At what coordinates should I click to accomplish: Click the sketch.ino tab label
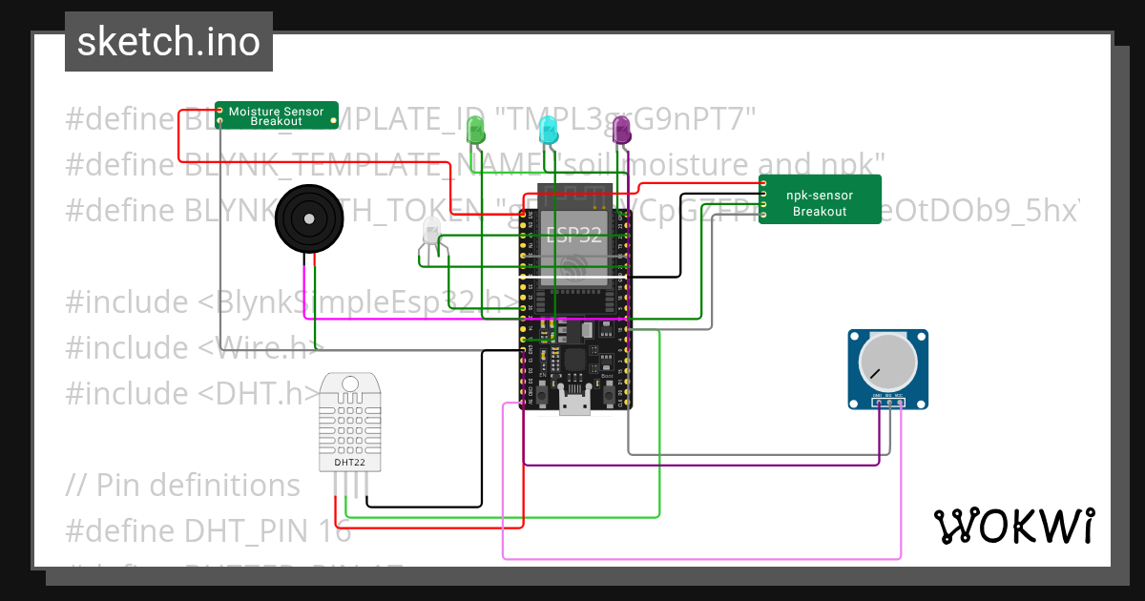click(x=168, y=42)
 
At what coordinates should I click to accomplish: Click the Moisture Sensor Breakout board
click(x=276, y=115)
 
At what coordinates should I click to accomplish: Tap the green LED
click(x=475, y=130)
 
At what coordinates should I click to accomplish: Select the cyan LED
click(x=548, y=130)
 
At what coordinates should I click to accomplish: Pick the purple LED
click(x=621, y=130)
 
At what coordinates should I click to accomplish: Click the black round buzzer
click(x=308, y=219)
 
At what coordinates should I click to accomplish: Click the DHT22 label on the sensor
click(x=348, y=463)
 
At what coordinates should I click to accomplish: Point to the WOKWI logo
click(x=1013, y=526)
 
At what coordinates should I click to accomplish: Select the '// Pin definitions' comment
click(x=183, y=485)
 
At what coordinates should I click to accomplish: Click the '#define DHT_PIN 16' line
click(x=208, y=530)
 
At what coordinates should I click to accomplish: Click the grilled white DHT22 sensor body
click(x=348, y=420)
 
